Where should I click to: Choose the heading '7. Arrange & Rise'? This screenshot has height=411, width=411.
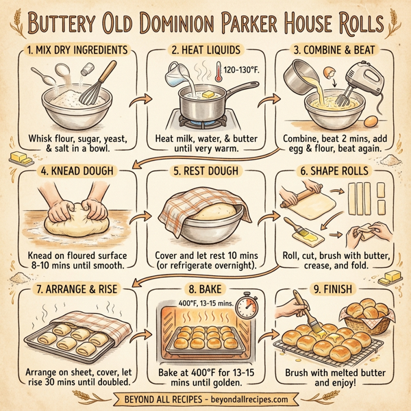(x=69, y=289)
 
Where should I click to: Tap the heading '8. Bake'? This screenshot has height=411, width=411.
(x=206, y=289)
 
